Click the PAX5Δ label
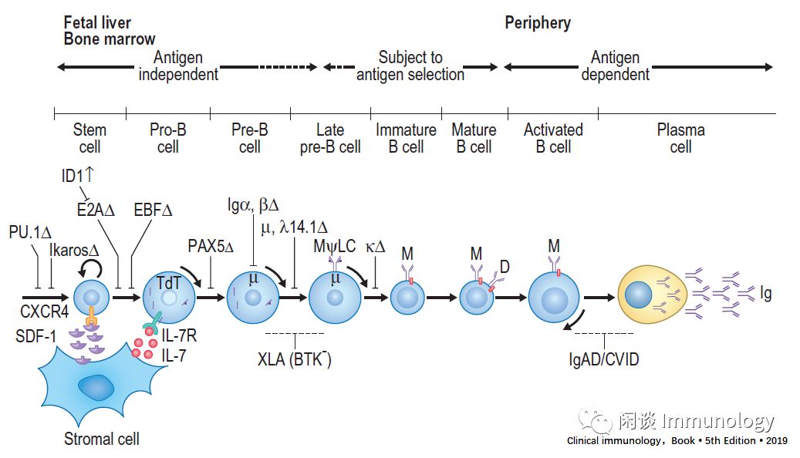pyautogui.click(x=209, y=246)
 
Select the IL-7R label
pyautogui.click(x=181, y=336)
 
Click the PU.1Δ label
pyautogui.click(x=30, y=231)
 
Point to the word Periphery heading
pyautogui.click(x=538, y=22)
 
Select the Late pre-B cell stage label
pyautogui.click(x=330, y=138)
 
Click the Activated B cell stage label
pyautogui.click(x=553, y=138)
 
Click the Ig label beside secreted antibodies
pyautogui.click(x=765, y=294)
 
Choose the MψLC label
pyautogui.click(x=335, y=247)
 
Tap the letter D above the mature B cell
pyautogui.click(x=505, y=267)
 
